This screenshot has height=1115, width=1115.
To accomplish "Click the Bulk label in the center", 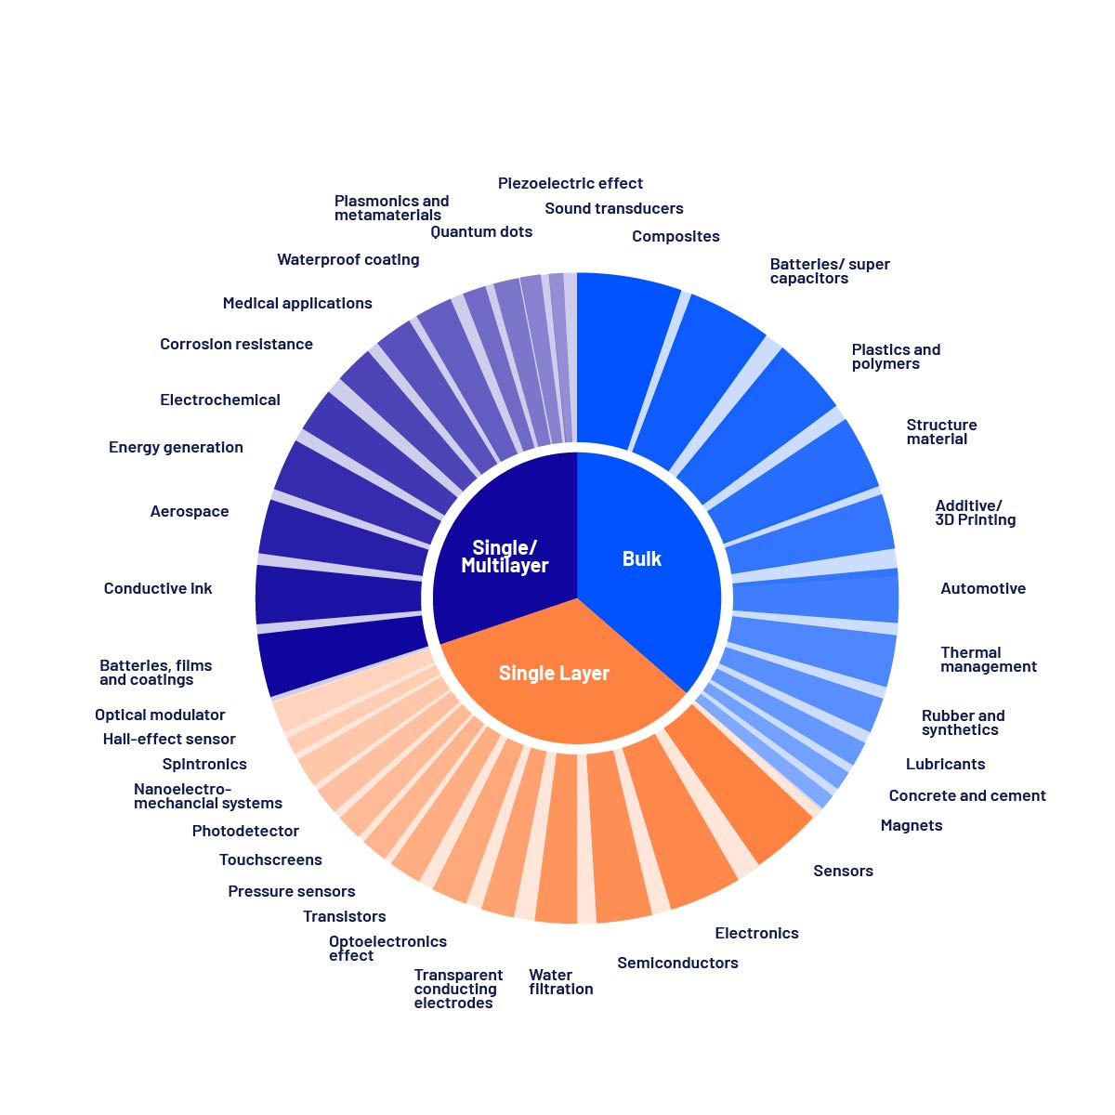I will [641, 558].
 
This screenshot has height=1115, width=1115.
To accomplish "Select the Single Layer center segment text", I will [554, 673].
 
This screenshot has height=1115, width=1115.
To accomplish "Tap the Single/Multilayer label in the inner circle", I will [505, 557].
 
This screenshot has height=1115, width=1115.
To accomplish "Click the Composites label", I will [676, 236].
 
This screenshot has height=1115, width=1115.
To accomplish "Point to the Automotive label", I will [982, 588].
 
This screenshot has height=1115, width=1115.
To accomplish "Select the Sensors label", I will [843, 871].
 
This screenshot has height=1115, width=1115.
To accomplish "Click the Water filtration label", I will [560, 982].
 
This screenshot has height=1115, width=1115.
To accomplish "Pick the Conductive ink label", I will [158, 588].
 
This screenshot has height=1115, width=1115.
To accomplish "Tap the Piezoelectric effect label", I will [570, 183].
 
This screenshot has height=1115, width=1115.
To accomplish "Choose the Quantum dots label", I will [481, 231].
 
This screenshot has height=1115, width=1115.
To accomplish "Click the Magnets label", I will [911, 825].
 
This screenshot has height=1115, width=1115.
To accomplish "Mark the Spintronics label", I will [204, 764].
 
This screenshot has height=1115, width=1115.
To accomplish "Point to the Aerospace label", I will [190, 511].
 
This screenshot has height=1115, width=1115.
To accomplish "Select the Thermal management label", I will [988, 660].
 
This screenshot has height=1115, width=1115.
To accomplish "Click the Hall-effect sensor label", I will [169, 739].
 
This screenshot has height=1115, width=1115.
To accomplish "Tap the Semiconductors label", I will [677, 963].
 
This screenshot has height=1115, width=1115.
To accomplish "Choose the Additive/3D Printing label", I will [975, 513].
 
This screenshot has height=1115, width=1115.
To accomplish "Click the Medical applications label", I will [297, 303].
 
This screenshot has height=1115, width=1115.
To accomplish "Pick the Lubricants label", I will [945, 764].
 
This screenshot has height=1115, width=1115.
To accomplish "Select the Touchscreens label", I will [270, 859].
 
